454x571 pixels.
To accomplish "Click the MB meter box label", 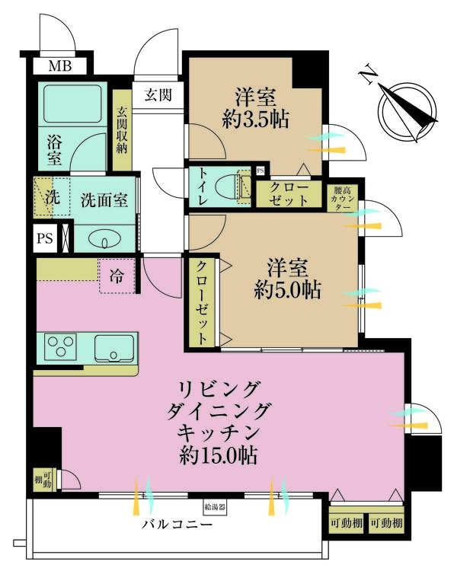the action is [x=60, y=66].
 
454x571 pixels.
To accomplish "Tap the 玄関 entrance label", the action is [x=158, y=95].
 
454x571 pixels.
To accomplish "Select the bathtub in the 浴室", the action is [x=72, y=104].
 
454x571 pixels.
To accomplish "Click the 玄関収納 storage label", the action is [x=122, y=130].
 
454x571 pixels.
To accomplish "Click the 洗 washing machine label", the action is [x=53, y=197].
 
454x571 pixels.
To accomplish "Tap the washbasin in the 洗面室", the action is [x=105, y=240].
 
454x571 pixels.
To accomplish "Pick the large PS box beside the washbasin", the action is [x=45, y=239].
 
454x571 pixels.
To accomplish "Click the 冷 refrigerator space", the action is [x=117, y=276].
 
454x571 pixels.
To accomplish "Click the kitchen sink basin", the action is [x=114, y=348].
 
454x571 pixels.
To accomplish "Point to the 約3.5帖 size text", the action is [x=256, y=119].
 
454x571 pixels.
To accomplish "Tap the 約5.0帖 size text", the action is [x=287, y=291].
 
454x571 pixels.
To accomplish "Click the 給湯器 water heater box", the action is [x=215, y=506].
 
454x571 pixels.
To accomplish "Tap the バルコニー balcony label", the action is [x=177, y=525].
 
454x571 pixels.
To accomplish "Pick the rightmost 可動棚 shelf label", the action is [x=386, y=523].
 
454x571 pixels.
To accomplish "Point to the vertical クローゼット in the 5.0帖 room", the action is [x=202, y=303].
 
